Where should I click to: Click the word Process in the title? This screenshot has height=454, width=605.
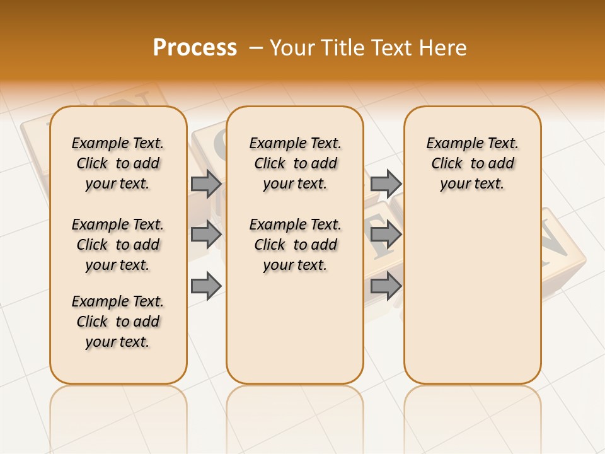195,47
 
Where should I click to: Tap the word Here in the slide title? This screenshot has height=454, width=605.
444,47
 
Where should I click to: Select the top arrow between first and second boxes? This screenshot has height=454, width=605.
206,183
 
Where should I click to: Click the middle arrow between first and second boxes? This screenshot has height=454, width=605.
206,235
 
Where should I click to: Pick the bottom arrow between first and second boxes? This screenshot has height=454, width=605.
206,286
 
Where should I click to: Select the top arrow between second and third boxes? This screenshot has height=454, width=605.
386,183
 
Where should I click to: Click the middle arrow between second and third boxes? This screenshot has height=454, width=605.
386,235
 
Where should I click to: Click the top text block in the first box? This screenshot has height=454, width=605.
118,163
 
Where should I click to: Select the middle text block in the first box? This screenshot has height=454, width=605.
118,245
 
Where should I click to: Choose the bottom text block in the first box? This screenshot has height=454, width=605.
118,322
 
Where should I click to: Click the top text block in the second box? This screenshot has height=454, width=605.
295,163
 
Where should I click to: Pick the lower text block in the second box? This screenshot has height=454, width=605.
295,245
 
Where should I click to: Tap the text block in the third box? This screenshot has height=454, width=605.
472,163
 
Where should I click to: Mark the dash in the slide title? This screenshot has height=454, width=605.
255,47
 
